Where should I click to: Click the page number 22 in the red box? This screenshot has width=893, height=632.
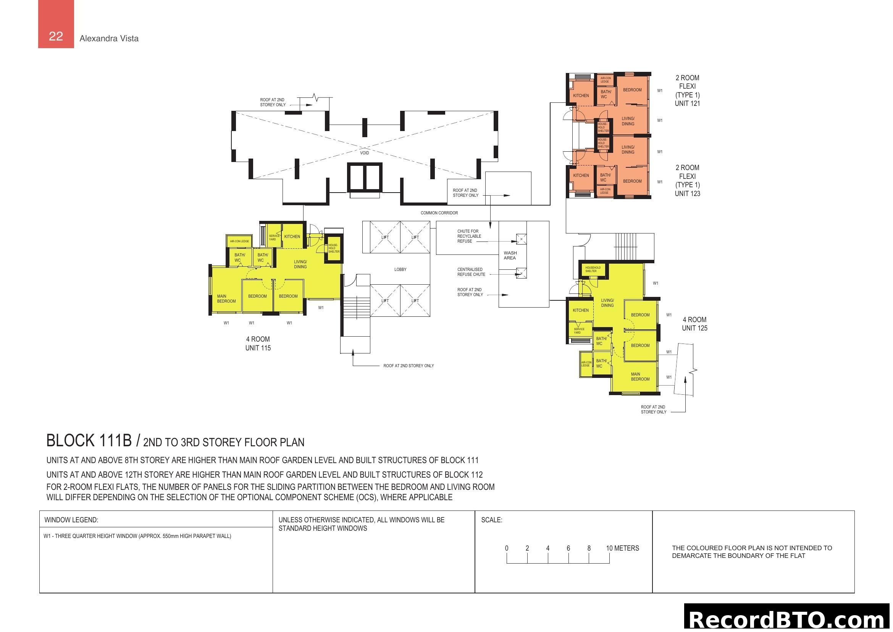[56, 36]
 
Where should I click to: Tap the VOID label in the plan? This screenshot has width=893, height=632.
[364, 153]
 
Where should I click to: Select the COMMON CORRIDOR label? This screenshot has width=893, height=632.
[439, 213]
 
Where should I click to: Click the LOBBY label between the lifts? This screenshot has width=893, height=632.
[400, 269]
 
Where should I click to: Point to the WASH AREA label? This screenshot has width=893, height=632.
[510, 255]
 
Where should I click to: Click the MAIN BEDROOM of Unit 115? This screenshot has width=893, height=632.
[226, 298]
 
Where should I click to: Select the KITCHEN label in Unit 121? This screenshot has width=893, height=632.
[580, 96]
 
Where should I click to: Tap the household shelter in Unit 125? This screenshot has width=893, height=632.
[593, 269]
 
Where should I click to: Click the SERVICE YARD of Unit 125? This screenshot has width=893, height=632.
[579, 331]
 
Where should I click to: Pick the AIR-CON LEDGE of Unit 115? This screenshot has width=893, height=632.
[239, 241]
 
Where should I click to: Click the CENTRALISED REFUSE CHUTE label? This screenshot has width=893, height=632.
[471, 272]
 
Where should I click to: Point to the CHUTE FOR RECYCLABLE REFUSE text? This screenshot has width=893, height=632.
[469, 236]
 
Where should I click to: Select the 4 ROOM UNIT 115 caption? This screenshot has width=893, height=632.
[257, 343]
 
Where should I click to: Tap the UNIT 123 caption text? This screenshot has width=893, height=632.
[687, 193]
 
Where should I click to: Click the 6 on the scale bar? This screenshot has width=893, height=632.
[568, 548]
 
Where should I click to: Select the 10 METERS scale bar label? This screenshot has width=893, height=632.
[622, 548]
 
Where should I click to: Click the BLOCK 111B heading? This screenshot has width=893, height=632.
[89, 441]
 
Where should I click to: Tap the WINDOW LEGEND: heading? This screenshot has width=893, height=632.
[71, 520]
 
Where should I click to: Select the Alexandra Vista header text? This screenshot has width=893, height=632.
[109, 39]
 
